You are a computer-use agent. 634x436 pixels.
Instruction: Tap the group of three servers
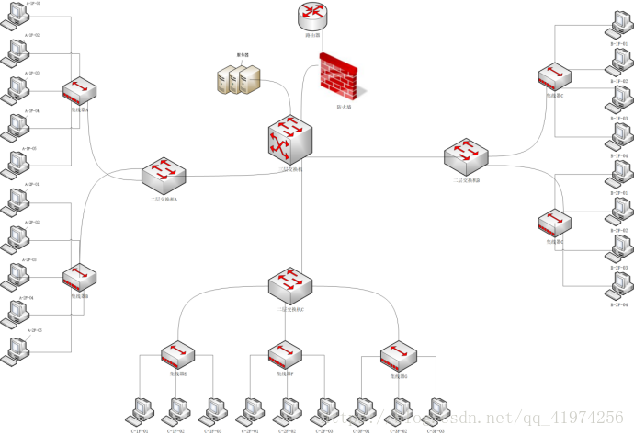pyautogui.click(x=240, y=80)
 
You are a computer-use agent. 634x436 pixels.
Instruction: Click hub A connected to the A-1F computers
pyautogui.click(x=80, y=92)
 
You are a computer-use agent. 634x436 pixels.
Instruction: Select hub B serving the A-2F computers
pyautogui.click(x=80, y=278)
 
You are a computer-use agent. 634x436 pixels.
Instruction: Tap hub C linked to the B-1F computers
pyautogui.click(x=555, y=77)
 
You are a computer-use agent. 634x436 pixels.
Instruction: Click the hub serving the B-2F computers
pyautogui.click(x=555, y=224)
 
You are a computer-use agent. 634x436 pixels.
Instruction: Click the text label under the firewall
pyautogui.click(x=343, y=107)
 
